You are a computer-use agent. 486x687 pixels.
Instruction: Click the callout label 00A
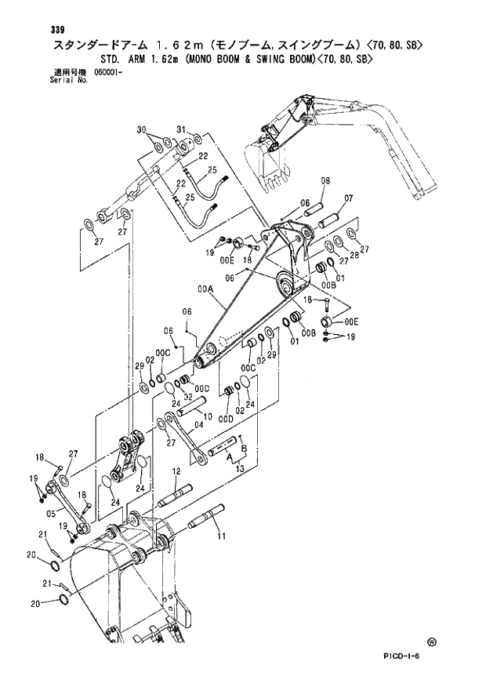click(x=205, y=289)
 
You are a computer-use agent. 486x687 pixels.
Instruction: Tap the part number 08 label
click(x=325, y=181)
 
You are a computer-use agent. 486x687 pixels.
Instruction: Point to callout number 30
click(x=142, y=129)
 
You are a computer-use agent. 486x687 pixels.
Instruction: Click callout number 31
click(x=180, y=129)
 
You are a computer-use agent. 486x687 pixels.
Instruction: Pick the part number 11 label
click(x=221, y=536)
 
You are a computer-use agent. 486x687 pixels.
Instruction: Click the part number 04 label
click(x=199, y=425)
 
